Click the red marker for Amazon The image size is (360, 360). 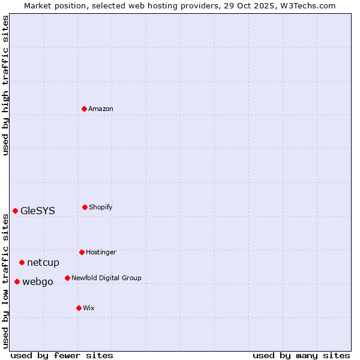click(84, 109)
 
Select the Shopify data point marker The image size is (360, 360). click(85, 207)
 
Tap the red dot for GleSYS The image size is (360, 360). click(15, 211)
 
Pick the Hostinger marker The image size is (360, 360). click(82, 252)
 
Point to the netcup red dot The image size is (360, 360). click(22, 262)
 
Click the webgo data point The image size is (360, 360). click(17, 281)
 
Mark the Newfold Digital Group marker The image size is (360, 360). click(67, 278)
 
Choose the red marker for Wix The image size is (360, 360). click(79, 308)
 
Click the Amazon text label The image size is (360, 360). click(101, 109)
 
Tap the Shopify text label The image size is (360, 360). click(101, 207)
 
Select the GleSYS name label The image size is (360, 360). click(38, 211)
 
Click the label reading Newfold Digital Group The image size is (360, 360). click(106, 278)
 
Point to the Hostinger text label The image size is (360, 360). click(101, 252)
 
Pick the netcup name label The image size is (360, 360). click(43, 262)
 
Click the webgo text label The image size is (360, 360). click(38, 281)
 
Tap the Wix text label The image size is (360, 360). click(89, 308)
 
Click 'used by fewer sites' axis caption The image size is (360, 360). click(62, 355)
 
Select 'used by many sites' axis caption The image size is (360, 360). click(301, 355)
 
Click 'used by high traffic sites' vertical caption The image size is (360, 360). click(5, 85)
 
